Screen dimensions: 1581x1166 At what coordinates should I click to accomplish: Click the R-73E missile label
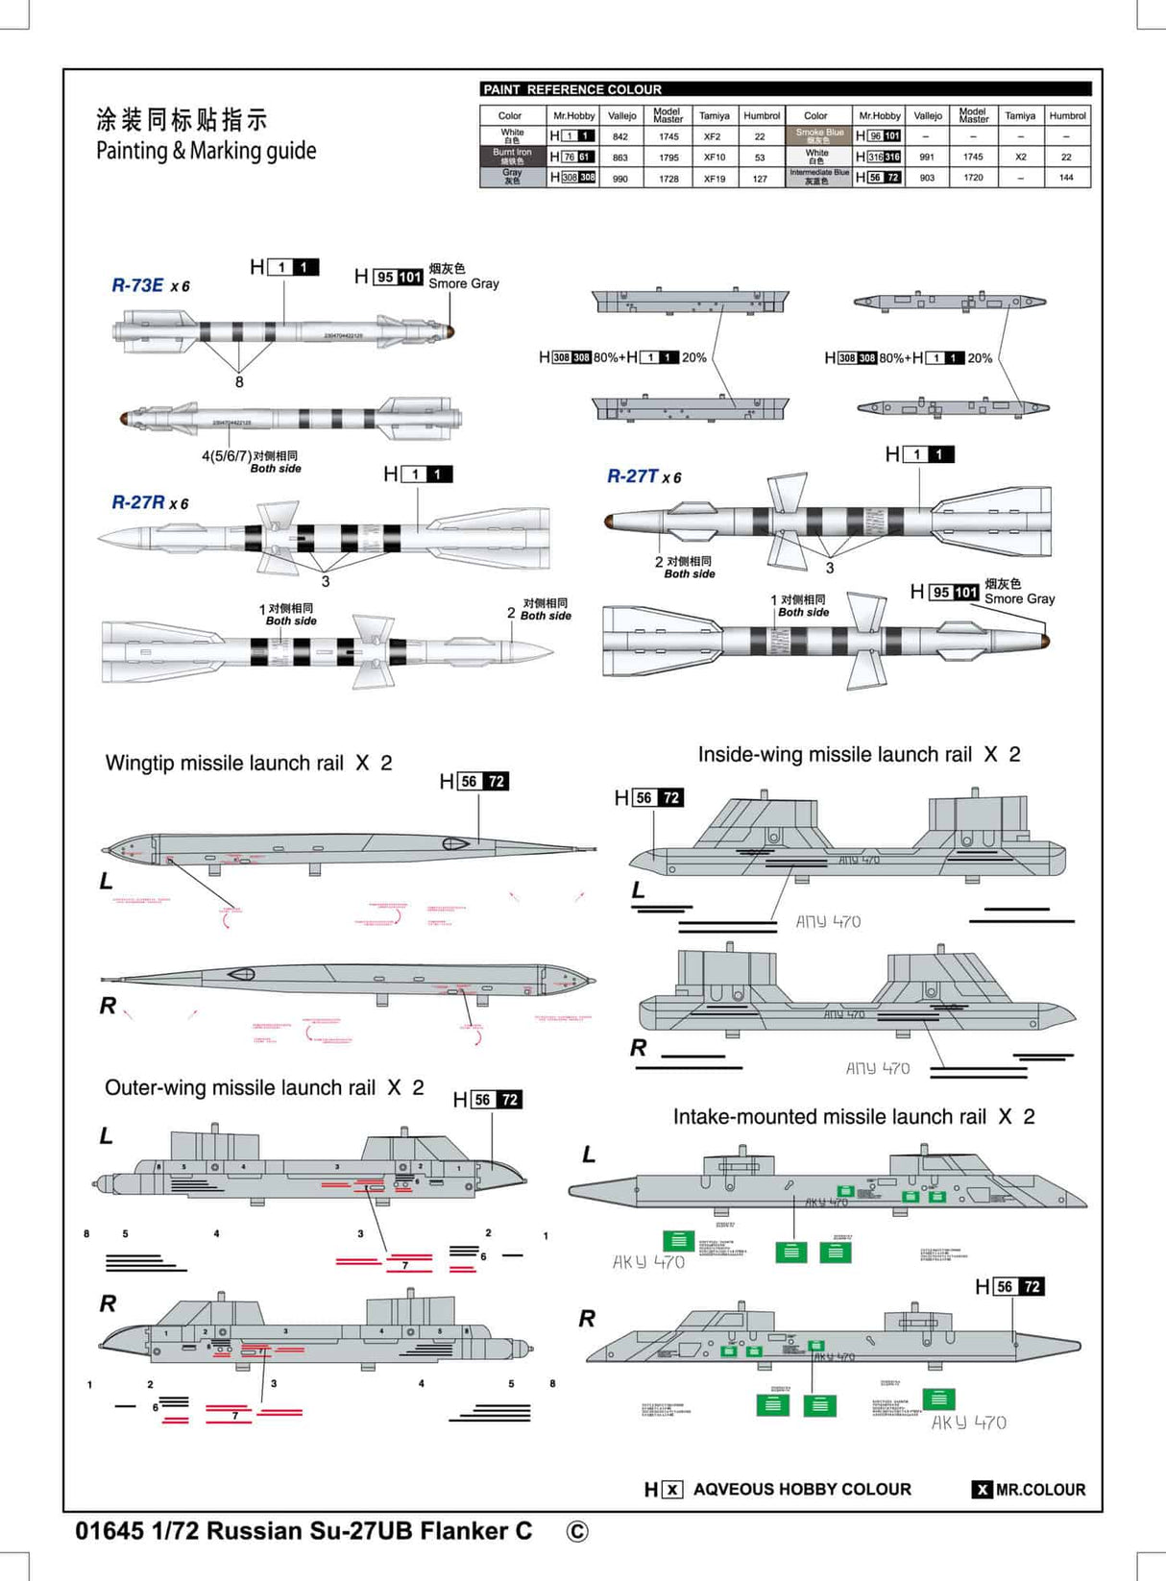pyautogui.click(x=138, y=285)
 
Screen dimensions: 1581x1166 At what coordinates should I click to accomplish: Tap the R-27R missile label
pyautogui.click(x=138, y=502)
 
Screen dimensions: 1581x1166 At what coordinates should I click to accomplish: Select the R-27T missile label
pyautogui.click(x=633, y=476)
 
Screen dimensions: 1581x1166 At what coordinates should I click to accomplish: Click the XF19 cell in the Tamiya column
pyautogui.click(x=714, y=179)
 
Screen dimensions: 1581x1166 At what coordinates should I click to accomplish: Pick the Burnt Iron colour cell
pyautogui.click(x=512, y=157)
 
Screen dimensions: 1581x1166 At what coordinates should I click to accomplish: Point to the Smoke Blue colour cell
pyautogui.click(x=818, y=136)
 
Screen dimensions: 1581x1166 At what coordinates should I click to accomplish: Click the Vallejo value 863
pyautogui.click(x=620, y=158)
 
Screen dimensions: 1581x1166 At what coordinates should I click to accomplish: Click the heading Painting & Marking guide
pyautogui.click(x=206, y=151)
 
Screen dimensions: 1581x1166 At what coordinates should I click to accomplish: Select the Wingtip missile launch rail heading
pyautogui.click(x=224, y=764)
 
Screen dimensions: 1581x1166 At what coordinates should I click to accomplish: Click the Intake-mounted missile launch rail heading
pyautogui.click(x=830, y=1117)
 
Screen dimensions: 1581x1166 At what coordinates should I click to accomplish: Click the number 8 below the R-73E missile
pyautogui.click(x=239, y=382)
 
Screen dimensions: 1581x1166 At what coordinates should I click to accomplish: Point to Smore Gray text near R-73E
pyautogui.click(x=463, y=283)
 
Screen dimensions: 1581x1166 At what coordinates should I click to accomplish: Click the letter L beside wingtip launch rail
pyautogui.click(x=107, y=881)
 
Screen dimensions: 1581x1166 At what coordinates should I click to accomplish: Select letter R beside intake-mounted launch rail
pyautogui.click(x=587, y=1319)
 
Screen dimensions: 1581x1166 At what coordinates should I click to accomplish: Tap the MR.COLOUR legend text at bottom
pyautogui.click(x=1039, y=1490)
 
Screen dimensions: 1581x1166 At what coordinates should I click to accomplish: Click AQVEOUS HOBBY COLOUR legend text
pyautogui.click(x=802, y=1490)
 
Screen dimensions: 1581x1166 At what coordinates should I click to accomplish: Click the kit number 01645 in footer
pyautogui.click(x=109, y=1531)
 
